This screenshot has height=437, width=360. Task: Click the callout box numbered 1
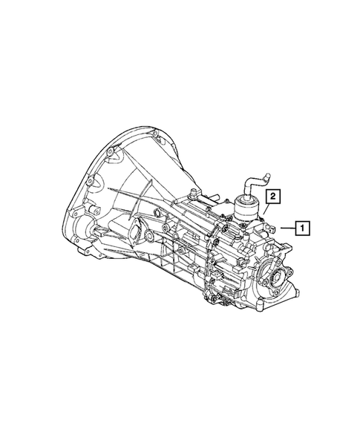(303, 228)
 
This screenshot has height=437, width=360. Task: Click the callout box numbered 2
(273, 197)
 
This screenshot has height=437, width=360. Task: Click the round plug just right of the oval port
(148, 237)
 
